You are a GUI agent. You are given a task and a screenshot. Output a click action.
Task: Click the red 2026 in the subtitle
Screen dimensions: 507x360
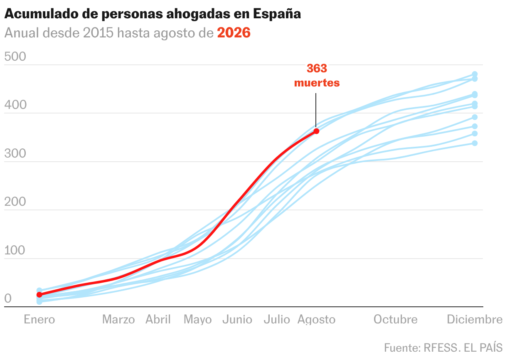234,32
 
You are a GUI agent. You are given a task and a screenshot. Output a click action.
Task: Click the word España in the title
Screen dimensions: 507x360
277,14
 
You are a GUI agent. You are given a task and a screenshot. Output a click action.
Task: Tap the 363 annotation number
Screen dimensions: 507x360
317,68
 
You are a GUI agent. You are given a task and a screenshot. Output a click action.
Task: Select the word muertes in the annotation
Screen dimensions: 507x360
317,83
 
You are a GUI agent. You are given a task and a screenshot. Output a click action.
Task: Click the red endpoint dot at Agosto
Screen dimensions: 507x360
316,131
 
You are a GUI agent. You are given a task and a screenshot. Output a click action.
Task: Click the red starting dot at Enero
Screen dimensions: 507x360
39,295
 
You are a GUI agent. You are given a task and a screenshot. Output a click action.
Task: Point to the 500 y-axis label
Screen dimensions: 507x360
15,57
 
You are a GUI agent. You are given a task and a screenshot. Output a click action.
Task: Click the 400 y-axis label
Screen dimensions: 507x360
15,105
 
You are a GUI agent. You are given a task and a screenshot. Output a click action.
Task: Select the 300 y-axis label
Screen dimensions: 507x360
15,153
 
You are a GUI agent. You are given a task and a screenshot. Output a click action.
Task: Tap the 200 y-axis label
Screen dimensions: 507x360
15,202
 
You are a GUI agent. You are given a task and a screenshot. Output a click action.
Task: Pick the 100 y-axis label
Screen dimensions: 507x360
15,250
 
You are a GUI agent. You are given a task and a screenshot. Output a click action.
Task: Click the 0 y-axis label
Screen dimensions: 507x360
8,298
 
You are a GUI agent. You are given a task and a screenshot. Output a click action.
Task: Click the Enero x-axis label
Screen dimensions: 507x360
39,320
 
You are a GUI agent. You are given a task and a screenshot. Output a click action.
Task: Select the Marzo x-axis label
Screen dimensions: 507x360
118,320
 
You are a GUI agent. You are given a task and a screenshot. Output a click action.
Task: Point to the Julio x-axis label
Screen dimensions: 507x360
277,320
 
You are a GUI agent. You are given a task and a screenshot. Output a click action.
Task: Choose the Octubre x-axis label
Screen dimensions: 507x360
395,320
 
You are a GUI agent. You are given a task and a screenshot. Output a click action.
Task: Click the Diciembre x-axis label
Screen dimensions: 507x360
475,320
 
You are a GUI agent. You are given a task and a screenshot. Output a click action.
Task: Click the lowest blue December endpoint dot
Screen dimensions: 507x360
475,143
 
